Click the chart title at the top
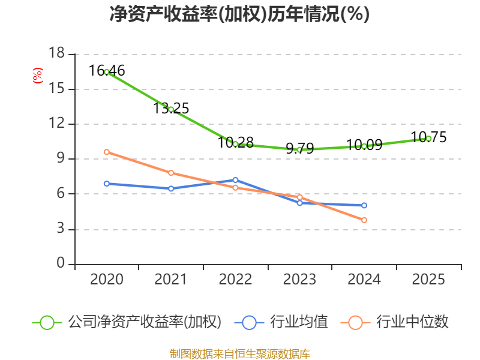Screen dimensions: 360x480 (239, 14)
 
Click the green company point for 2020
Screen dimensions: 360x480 (107, 72)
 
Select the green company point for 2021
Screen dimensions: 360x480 (171, 109)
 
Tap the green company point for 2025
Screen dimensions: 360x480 (428, 139)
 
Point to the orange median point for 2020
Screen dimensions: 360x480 (107, 152)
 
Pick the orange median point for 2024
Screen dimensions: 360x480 (364, 220)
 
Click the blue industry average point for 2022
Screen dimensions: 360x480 (235, 180)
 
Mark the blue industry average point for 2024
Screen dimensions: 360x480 (364, 205)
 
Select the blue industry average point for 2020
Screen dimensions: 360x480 (107, 184)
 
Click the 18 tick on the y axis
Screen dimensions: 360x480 (56, 54)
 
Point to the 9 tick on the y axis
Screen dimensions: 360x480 (60, 159)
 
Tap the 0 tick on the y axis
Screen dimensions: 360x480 (60, 264)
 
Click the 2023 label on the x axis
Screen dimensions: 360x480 (300, 280)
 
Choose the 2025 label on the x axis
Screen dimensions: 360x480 (428, 280)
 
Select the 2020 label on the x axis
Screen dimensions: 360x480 (107, 280)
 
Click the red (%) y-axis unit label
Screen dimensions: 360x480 (38, 76)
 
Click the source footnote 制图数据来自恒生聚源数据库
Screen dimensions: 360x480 (239, 353)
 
